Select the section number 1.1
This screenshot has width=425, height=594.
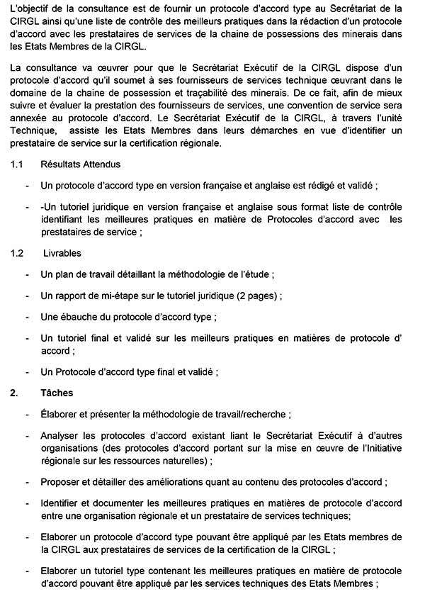pyautogui.click(x=17, y=165)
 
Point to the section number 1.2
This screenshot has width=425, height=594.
pyautogui.click(x=17, y=253)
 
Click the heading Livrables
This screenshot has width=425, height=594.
pyautogui.click(x=61, y=253)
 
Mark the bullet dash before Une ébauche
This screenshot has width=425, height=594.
pyautogui.click(x=27, y=317)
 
